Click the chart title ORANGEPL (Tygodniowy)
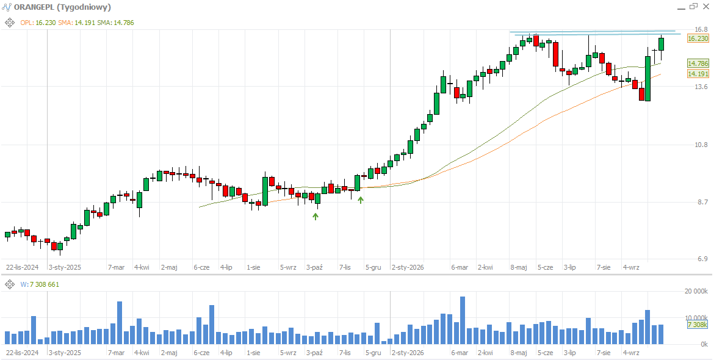62,7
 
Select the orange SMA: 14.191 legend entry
76,23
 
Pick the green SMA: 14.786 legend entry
116,23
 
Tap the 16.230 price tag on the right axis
698,38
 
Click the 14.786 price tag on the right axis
698,63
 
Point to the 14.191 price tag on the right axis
698,74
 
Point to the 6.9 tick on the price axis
697,259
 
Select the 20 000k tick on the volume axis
696,291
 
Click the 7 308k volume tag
698,325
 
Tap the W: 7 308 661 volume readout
40,284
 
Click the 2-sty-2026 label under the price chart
408,267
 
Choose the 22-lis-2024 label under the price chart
22,267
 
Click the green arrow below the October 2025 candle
315,217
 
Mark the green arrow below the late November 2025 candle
361,200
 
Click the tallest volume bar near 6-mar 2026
463,320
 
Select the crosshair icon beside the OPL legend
10,23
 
